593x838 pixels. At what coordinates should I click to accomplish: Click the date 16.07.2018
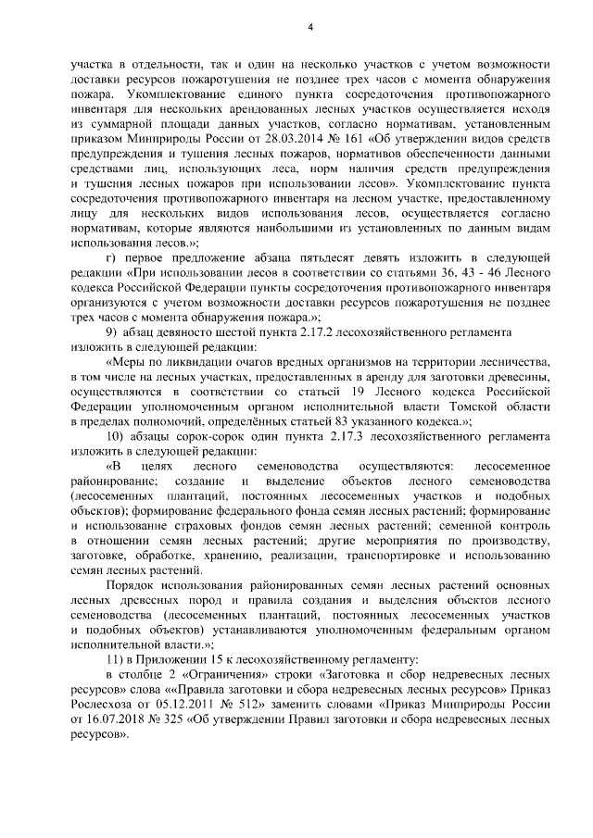click(x=114, y=724)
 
